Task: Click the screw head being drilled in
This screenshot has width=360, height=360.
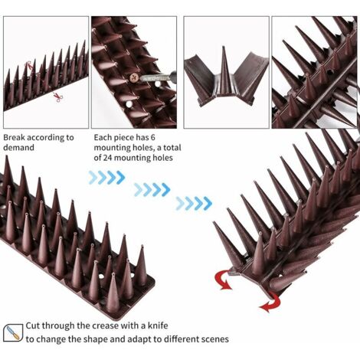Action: [135, 77]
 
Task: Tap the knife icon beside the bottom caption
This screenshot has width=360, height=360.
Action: [13, 332]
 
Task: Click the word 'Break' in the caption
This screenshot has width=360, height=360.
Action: [14, 137]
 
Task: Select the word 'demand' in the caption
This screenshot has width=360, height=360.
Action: [18, 148]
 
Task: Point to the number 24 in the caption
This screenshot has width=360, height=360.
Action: [107, 158]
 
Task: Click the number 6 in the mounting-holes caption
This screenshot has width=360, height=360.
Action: [152, 137]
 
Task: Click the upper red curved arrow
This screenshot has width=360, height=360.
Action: [221, 280]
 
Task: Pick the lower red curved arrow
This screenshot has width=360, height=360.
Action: [271, 303]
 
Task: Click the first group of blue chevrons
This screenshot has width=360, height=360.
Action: [106, 178]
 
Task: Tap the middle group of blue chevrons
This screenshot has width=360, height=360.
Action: [152, 190]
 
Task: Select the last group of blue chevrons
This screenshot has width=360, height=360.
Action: [194, 204]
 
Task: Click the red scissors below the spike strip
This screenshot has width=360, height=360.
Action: [58, 97]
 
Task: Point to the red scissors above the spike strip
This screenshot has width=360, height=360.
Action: [29, 66]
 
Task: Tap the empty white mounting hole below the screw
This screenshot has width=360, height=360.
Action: [129, 104]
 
